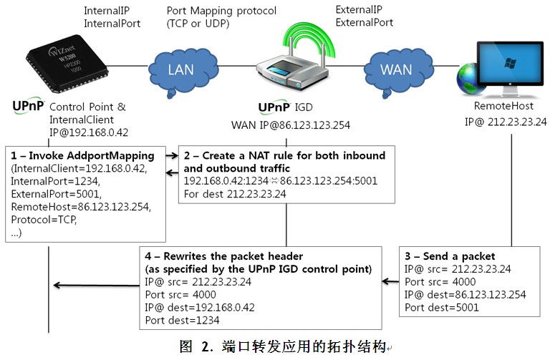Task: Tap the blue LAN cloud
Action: [x=180, y=70]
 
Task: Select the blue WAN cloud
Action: [x=396, y=70]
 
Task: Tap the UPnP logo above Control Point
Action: [x=29, y=107]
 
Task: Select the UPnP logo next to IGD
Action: [x=273, y=108]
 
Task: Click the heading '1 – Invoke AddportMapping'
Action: [x=82, y=155]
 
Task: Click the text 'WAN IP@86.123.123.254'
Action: [x=290, y=125]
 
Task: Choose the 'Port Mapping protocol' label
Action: [x=221, y=11]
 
